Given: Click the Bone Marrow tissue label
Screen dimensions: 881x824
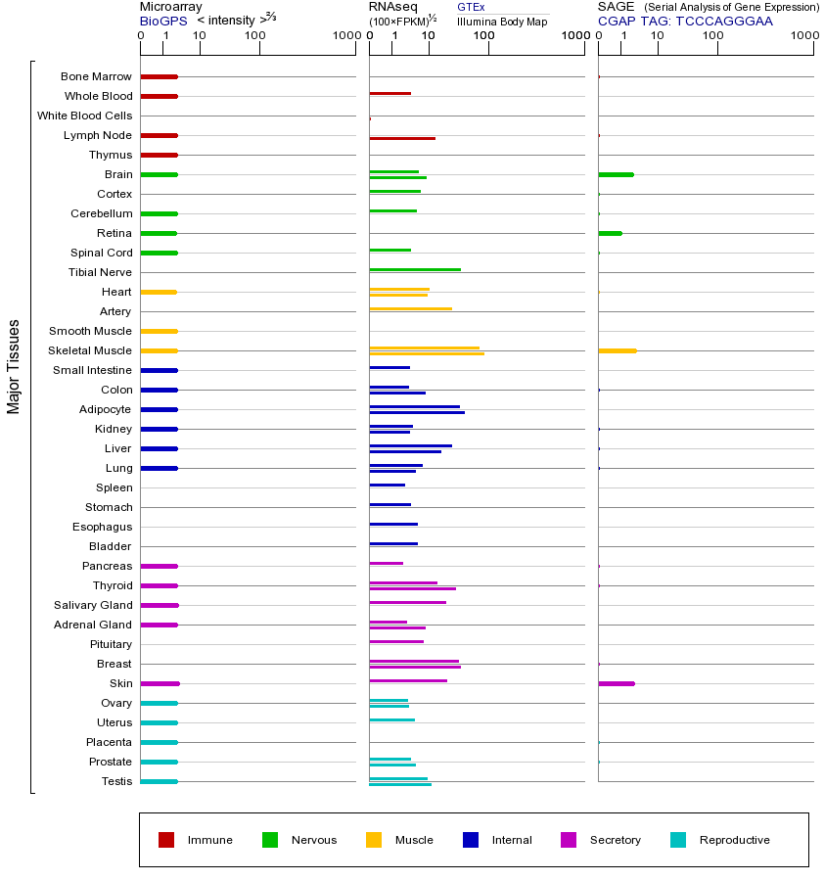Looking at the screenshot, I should point(96,76).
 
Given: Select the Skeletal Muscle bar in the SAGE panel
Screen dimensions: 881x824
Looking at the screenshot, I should point(617,350).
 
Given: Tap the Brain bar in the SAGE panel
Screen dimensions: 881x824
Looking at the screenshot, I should point(616,174).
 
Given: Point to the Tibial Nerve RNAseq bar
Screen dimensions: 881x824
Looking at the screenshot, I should point(415,269).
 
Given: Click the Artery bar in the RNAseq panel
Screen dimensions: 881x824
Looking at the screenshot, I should point(410,308).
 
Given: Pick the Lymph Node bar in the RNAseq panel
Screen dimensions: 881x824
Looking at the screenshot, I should point(402,138).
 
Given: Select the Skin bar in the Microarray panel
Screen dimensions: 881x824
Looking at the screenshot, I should point(160,683).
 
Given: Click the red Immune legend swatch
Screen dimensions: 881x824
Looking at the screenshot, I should point(166,840).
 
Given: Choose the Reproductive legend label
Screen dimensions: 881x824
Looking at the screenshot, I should point(734,840).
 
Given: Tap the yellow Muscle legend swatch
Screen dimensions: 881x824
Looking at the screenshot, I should point(374,840).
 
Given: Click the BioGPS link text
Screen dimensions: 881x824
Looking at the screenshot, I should point(161,21).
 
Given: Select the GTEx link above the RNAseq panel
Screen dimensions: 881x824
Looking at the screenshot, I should point(471,7).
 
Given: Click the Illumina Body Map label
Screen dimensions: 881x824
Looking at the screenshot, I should point(502,21).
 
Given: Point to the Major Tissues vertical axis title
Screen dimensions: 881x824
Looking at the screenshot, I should point(14,366).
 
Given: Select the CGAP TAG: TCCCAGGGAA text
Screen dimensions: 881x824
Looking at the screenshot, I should point(685,21).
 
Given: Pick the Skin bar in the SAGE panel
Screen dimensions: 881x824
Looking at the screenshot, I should point(616,683).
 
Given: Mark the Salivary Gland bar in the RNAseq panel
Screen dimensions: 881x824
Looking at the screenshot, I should point(407,602).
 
